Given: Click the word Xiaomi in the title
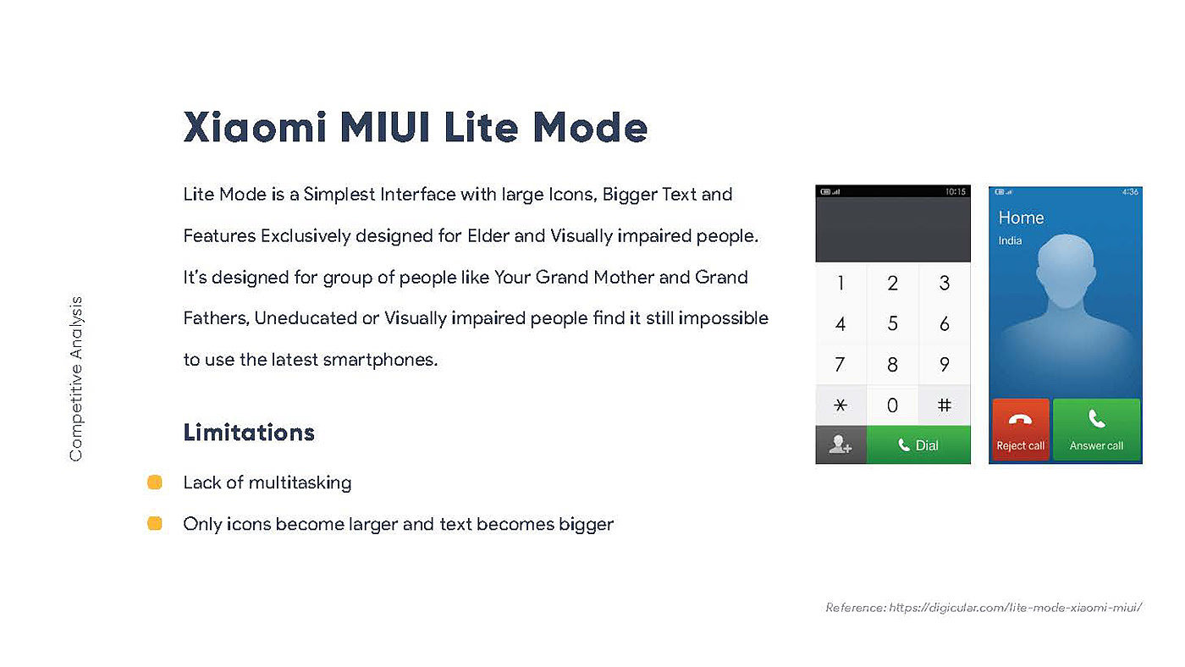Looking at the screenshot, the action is point(255,127).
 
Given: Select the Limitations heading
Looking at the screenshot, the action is point(249,433).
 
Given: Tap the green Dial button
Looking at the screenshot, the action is point(918,445).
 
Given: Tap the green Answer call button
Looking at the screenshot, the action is point(1096,429).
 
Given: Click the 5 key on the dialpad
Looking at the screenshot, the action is point(892,323).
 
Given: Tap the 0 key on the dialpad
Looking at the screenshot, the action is point(892,405).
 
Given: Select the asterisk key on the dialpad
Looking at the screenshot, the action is point(841,405).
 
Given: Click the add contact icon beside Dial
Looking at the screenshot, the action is point(841,445).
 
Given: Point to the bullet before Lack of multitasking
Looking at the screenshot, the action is point(154,482).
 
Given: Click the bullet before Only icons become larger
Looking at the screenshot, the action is point(154,523).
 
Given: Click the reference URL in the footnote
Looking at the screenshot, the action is point(1015,607).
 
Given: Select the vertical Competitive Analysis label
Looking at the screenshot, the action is point(76,378).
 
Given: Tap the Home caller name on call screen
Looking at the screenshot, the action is point(1021,218).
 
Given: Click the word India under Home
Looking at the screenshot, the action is point(1010,240).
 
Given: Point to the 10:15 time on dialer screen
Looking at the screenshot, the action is point(956,191).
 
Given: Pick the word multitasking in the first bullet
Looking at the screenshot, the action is point(300,483).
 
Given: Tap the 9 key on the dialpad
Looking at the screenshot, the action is point(945,365).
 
